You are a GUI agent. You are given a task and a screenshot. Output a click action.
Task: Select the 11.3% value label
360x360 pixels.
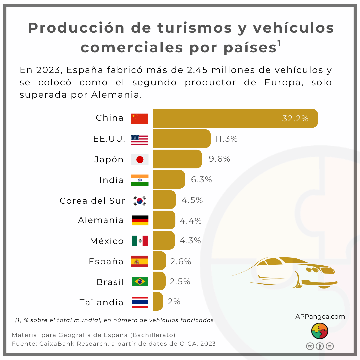point(226,139)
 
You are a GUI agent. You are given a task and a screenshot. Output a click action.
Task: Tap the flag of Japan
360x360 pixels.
point(140,159)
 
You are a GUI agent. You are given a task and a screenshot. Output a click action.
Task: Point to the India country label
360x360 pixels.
point(111,180)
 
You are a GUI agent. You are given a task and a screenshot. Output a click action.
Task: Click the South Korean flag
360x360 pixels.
point(140,201)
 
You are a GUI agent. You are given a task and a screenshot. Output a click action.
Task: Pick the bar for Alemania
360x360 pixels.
point(164,220)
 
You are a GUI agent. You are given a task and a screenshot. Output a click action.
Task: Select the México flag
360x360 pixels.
point(140,241)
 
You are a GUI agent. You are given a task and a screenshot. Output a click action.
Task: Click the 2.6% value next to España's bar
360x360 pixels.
point(181,262)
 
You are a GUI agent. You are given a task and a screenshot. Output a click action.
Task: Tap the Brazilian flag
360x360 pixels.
point(140,282)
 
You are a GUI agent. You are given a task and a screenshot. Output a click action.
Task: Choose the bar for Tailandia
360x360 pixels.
point(158,301)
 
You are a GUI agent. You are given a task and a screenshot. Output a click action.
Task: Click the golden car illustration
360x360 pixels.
point(290,272)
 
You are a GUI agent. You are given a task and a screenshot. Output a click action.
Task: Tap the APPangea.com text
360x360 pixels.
point(320,316)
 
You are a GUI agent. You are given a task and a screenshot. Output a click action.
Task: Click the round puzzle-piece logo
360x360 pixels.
point(320,331)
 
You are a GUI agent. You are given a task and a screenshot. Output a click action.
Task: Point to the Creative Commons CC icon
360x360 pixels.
point(310,346)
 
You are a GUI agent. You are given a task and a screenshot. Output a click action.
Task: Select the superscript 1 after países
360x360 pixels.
point(279,44)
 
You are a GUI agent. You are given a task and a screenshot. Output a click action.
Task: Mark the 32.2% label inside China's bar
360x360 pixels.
point(295,118)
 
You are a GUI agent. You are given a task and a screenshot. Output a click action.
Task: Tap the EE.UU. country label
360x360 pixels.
point(109,139)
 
